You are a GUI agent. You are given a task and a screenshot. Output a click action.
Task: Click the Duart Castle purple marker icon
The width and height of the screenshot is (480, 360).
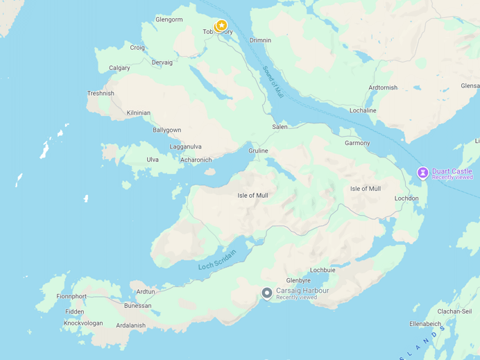point(422,172)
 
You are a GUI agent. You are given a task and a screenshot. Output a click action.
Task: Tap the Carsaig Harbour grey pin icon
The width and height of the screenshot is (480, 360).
point(267,293)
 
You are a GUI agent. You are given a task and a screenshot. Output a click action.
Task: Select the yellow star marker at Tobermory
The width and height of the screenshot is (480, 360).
point(221,26)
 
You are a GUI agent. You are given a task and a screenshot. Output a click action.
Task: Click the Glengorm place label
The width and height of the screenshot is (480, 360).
point(169,19)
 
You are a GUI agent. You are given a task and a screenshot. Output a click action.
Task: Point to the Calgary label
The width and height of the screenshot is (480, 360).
point(119,68)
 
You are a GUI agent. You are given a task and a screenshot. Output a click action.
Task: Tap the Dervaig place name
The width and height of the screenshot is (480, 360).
point(162,62)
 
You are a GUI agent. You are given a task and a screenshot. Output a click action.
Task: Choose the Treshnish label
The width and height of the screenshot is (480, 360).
point(101,94)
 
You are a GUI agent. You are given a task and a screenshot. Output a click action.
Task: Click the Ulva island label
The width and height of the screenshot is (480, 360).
point(153,160)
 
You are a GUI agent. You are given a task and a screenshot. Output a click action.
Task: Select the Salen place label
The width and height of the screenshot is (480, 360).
point(280,127)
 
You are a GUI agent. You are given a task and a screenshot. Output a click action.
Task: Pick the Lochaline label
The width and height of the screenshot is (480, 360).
point(363,110)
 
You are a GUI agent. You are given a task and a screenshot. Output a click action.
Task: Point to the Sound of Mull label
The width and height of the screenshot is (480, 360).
point(273,80)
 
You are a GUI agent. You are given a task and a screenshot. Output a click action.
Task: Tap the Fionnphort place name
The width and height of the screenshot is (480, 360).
point(71,296)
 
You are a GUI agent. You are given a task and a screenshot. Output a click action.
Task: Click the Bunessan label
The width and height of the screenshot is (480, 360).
point(137,306)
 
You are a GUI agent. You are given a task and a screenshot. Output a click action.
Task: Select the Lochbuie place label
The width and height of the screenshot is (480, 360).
point(323,270)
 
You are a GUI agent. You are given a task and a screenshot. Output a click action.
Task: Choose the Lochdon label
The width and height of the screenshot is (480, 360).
point(406,198)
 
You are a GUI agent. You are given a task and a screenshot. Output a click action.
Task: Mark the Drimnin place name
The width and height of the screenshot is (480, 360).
point(260,40)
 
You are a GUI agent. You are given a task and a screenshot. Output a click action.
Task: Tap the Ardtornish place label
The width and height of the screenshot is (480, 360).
point(383,88)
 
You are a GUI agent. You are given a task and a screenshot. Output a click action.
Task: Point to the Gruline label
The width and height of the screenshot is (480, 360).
point(258,151)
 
